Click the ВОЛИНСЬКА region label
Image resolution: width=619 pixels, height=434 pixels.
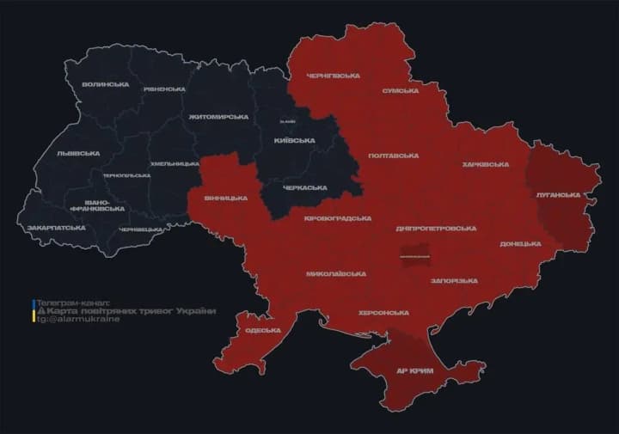106,84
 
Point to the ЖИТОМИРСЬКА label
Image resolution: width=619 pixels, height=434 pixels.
218,117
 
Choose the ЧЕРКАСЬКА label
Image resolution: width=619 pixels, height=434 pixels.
305,187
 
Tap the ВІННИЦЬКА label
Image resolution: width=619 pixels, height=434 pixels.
225,198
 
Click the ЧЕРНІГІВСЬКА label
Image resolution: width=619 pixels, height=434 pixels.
333,76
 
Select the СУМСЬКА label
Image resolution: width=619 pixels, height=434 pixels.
400,90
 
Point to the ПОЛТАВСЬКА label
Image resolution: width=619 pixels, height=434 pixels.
393,156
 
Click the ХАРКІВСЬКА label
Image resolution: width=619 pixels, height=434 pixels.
485,164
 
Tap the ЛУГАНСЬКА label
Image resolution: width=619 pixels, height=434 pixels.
558,195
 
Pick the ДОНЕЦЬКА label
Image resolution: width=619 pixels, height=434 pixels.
520,244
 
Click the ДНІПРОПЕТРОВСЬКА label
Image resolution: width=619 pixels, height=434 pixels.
436,229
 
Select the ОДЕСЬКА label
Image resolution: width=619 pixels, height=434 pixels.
263,331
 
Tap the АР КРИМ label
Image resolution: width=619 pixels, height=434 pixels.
414,370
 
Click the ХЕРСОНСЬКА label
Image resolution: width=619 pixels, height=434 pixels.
383,312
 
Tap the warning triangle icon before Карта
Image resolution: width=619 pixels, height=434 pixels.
37,310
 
